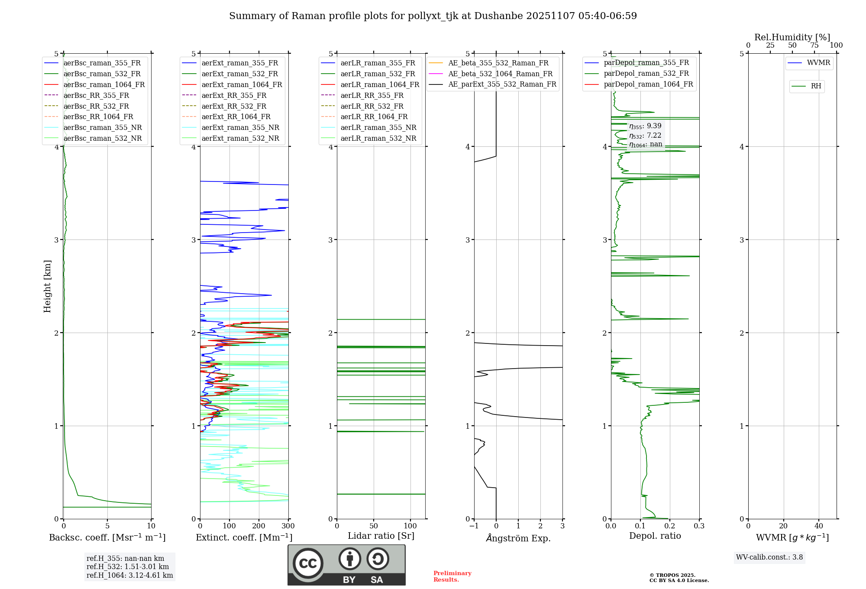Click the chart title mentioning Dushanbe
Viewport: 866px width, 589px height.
[x=433, y=16]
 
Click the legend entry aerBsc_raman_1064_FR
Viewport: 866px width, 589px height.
[x=104, y=84]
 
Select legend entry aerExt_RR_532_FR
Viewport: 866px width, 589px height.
[x=234, y=106]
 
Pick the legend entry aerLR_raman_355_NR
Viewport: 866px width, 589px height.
[x=378, y=127]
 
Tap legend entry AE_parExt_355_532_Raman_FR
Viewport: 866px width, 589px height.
[x=502, y=84]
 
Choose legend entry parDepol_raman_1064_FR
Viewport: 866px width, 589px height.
[x=648, y=84]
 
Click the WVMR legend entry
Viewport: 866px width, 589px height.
[x=818, y=63]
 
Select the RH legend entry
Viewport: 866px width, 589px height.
[x=816, y=86]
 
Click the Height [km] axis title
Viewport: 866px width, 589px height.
[x=47, y=286]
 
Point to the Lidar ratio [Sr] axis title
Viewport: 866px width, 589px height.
[x=381, y=536]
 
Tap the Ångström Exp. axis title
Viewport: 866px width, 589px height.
[x=518, y=538]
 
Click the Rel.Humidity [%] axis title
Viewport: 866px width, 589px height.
[x=792, y=37]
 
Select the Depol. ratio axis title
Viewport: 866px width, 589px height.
[x=655, y=536]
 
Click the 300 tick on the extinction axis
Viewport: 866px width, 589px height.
[x=288, y=526]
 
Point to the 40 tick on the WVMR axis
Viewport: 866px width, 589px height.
[x=818, y=526]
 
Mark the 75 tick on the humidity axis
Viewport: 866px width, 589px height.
[x=814, y=45]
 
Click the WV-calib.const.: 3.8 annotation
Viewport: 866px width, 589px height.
[x=769, y=557]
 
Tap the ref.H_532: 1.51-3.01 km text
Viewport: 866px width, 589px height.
[x=128, y=567]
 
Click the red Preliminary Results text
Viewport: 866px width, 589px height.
[x=452, y=576]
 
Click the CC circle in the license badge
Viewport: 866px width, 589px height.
[x=308, y=563]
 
